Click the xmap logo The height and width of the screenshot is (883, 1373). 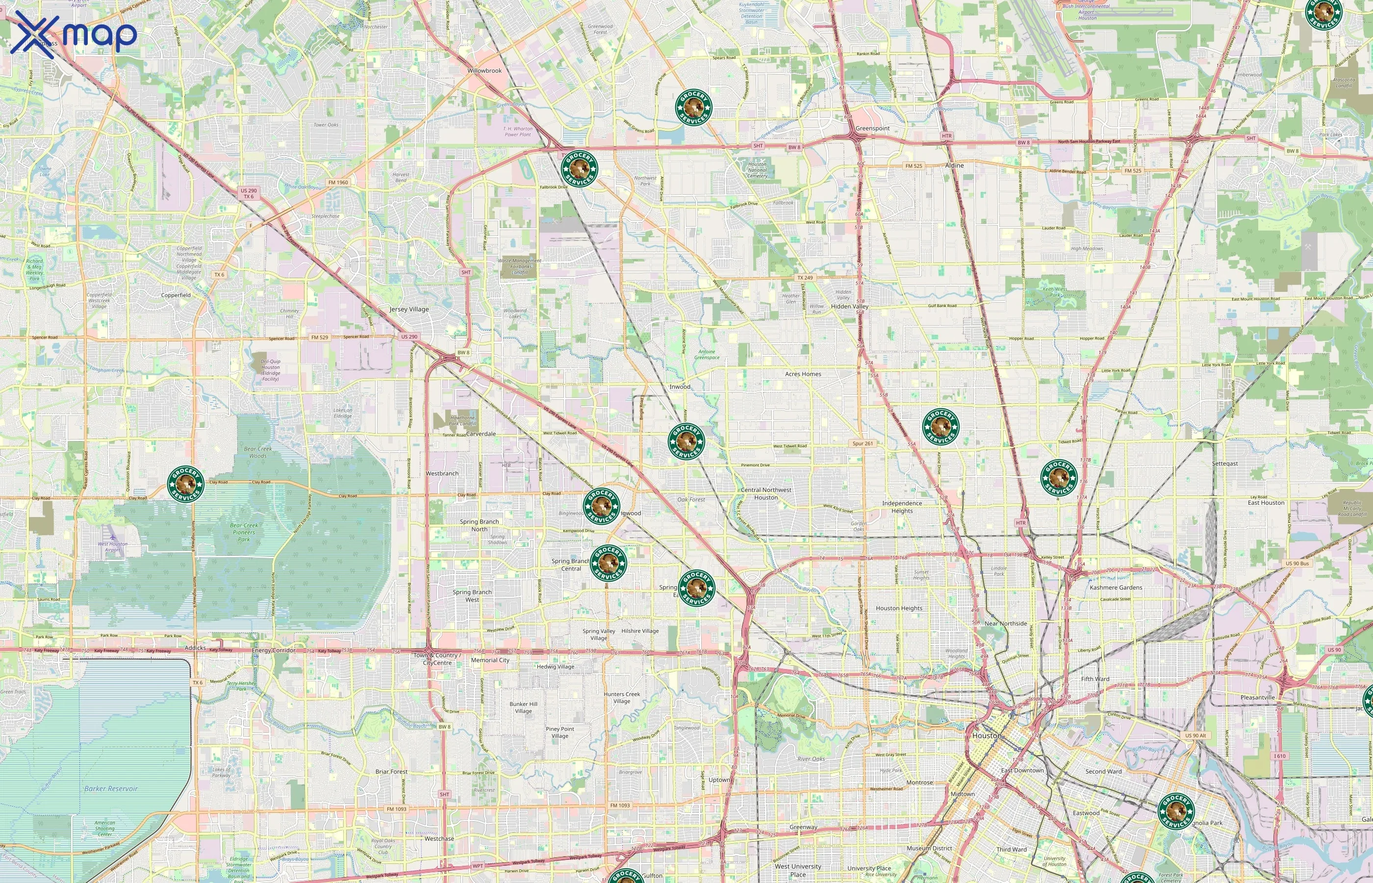click(x=74, y=33)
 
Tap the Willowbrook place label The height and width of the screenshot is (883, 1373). click(x=484, y=71)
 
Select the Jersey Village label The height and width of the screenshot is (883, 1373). click(x=408, y=309)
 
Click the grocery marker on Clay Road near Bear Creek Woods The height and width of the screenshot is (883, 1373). click(x=186, y=484)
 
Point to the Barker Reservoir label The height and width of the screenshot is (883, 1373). click(x=111, y=788)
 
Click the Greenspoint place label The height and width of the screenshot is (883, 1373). click(x=872, y=129)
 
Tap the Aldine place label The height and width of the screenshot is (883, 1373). click(x=954, y=165)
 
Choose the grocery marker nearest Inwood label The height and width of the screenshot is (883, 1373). click(x=686, y=441)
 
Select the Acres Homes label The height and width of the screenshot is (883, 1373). click(x=803, y=374)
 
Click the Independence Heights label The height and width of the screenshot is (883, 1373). click(x=902, y=507)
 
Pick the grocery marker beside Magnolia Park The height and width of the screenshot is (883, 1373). click(x=1176, y=811)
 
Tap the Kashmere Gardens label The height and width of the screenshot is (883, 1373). click(x=1116, y=587)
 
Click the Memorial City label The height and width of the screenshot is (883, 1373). click(x=490, y=660)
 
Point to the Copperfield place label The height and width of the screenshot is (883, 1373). click(x=176, y=295)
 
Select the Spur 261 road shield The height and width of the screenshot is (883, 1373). click(x=863, y=443)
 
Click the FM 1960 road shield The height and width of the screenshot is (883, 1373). click(x=338, y=182)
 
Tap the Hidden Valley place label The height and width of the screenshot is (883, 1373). click(x=849, y=306)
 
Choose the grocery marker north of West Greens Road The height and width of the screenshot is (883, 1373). click(x=693, y=106)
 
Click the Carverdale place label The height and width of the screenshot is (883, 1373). click(x=481, y=434)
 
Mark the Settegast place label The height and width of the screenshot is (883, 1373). click(x=1224, y=463)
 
